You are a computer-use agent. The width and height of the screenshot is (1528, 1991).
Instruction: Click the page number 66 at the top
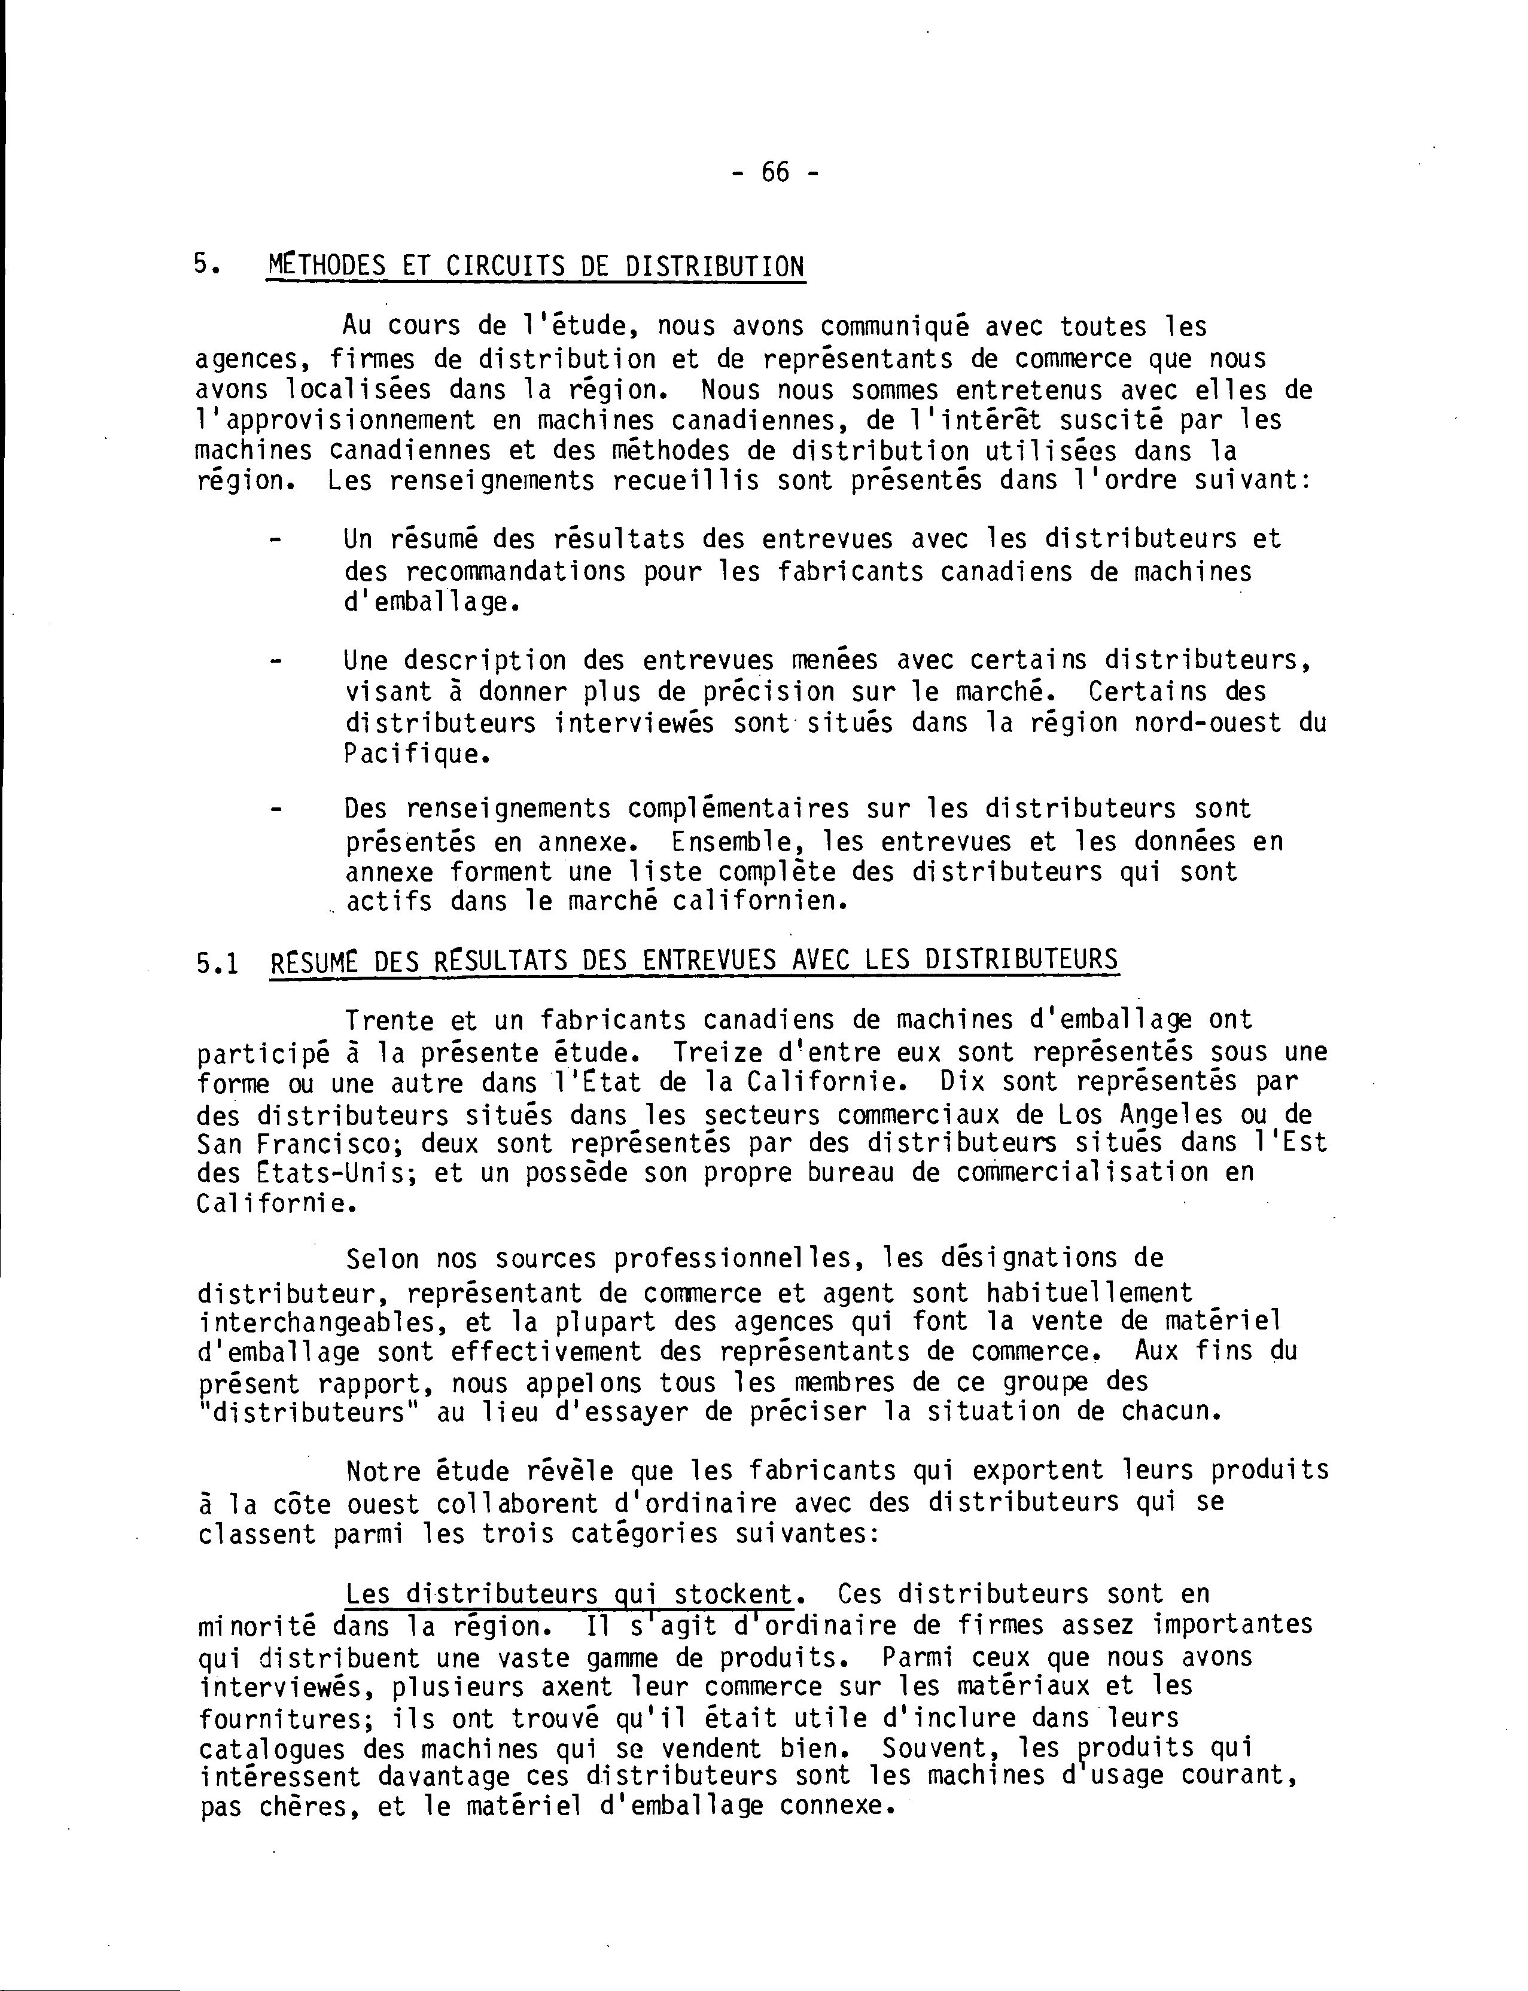point(775,172)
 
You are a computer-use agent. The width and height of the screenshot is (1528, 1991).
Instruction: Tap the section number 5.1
point(217,962)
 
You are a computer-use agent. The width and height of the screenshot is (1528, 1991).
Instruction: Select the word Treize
point(717,1053)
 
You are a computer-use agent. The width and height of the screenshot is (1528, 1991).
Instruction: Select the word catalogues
point(272,1749)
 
